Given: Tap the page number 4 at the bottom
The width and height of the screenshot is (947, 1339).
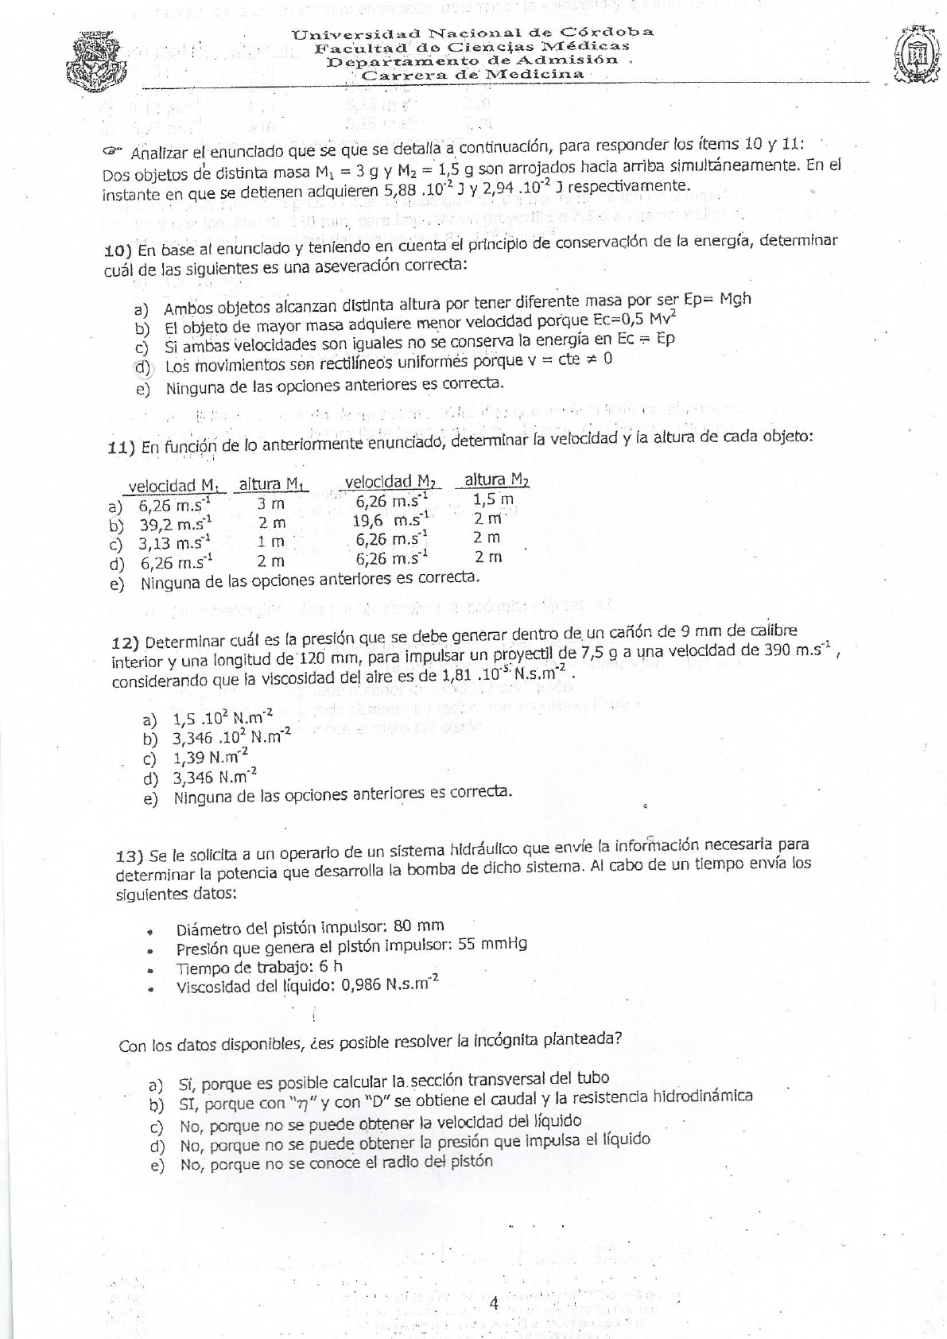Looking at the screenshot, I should tap(494, 1303).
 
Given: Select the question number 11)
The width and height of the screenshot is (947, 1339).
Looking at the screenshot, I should tap(122, 448).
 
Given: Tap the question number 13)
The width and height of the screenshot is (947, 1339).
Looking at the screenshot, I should tap(130, 856).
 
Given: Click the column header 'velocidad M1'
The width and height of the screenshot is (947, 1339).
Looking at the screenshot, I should tap(174, 485).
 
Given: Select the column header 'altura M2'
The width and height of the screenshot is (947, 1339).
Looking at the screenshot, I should tap(496, 479).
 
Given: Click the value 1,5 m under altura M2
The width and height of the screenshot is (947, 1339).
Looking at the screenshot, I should tap(493, 499).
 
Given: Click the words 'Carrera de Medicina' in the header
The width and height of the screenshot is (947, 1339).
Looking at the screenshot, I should tap(473, 75).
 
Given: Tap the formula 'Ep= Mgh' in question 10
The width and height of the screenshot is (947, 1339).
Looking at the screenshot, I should tap(716, 300).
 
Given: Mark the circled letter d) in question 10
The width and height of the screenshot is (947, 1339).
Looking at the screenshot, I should tap(143, 367).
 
